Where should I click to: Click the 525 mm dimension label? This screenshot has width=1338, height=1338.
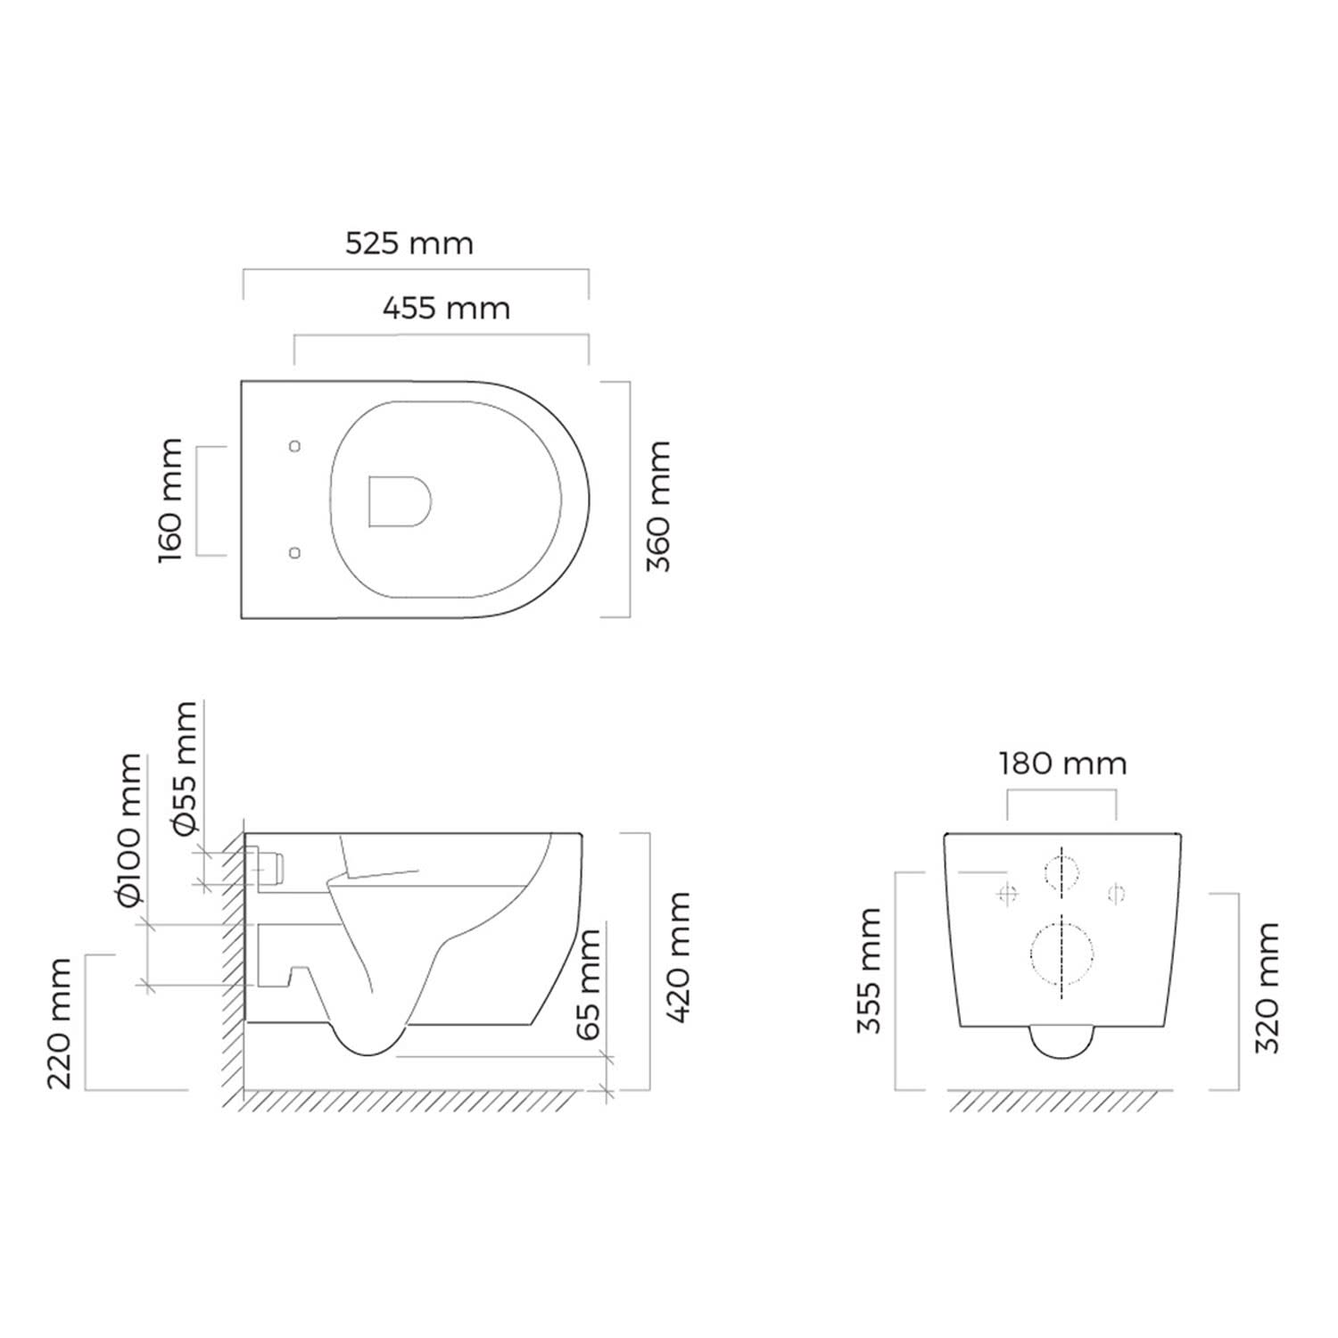coord(409,244)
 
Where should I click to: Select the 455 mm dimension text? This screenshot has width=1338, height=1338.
coord(446,309)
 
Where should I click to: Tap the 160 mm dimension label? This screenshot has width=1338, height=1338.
coord(169,500)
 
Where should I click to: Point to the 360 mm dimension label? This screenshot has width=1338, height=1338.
coord(657,506)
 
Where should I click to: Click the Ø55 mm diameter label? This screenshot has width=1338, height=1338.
coord(185,769)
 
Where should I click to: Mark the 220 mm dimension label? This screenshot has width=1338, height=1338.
coord(59,1024)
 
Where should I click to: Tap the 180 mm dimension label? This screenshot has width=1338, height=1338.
coord(1062,764)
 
